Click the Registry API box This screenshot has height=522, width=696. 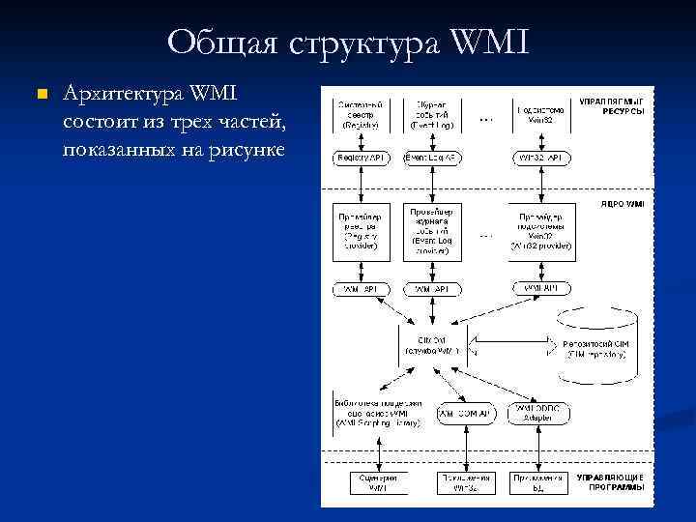tap(361, 158)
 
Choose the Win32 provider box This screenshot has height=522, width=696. tap(547, 232)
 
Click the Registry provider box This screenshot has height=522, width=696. tap(361, 232)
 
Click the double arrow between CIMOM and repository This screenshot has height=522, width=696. tap(509, 344)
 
